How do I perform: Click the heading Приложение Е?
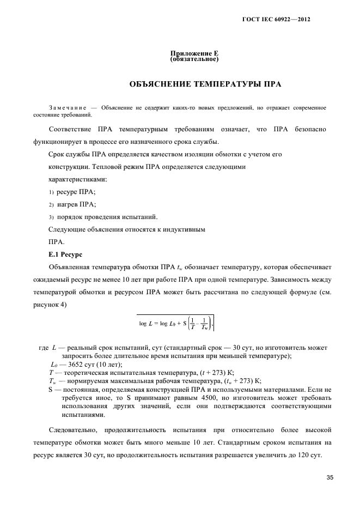click(194, 53)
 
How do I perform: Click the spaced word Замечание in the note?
click(68, 108)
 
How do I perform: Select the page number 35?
click(330, 478)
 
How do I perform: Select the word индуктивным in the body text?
click(186, 229)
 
